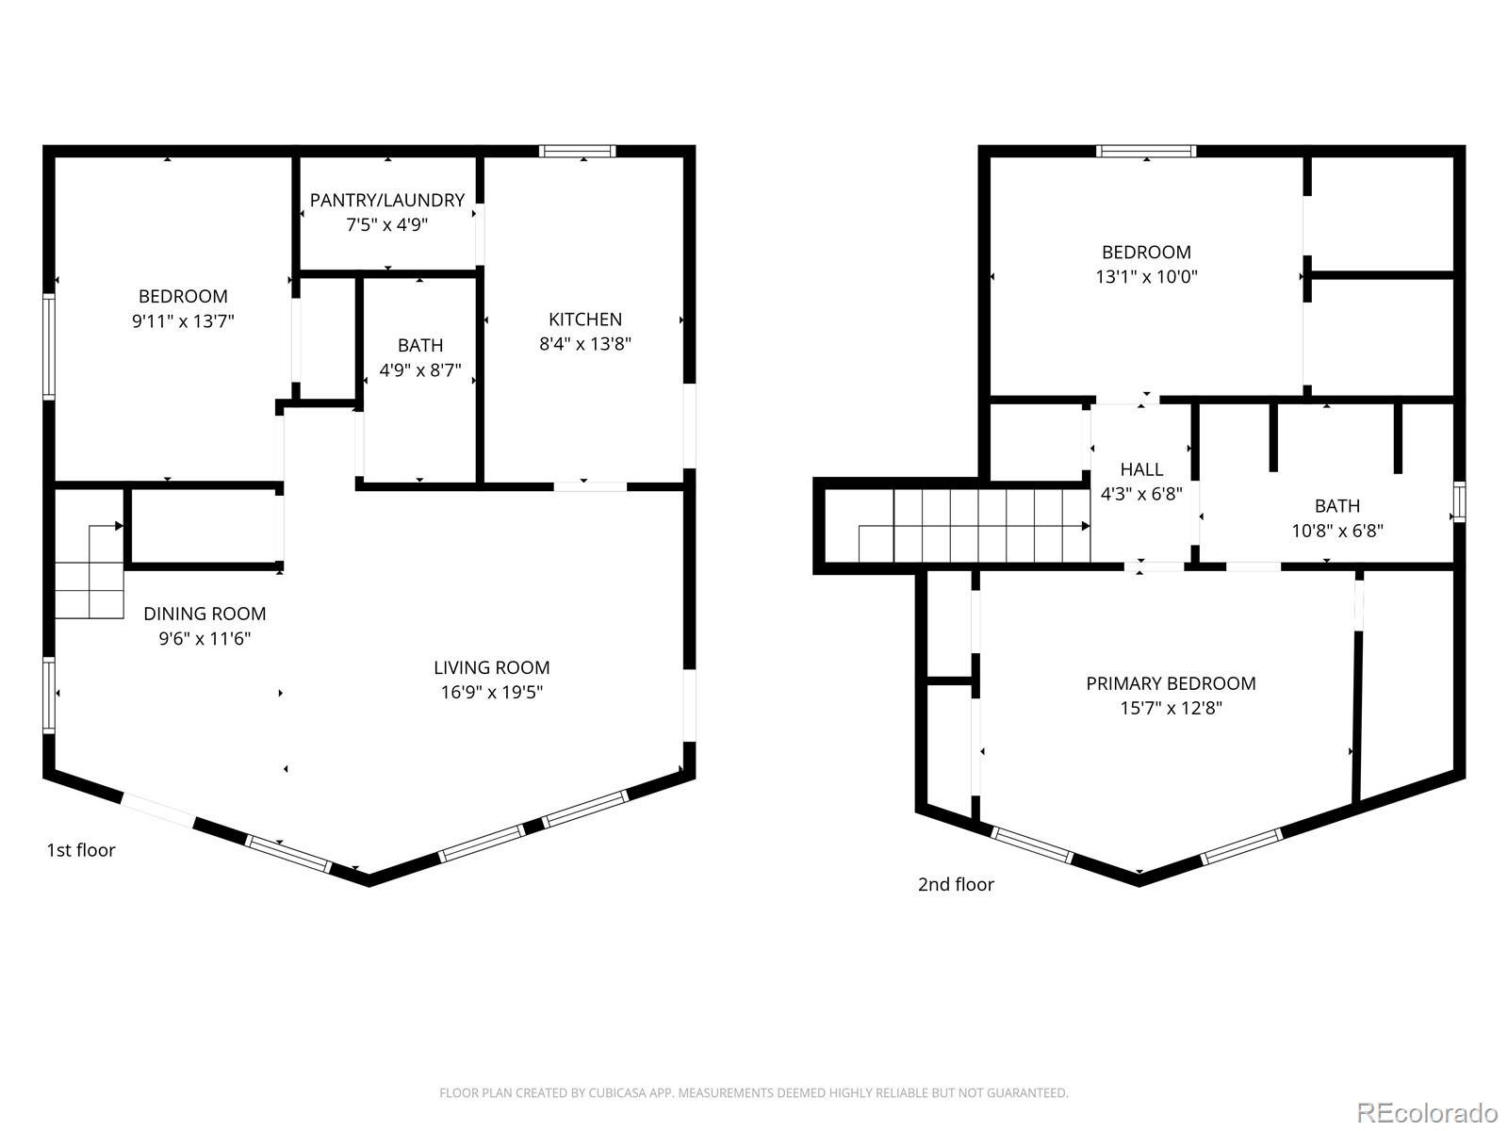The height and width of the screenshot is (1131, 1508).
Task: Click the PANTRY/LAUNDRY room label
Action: pos(386,200)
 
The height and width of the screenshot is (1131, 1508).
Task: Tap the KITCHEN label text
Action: pos(584,320)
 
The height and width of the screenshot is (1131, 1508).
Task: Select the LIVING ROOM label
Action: pos(491,667)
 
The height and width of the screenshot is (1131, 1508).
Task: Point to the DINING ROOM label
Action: pos(205,614)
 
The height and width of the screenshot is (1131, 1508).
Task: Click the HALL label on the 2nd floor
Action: pos(1141,469)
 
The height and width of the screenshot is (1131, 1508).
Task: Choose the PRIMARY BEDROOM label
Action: pos(1171,683)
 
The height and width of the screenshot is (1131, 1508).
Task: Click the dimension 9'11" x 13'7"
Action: pos(183,320)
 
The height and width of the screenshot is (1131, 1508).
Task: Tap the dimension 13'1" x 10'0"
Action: pos(1147,277)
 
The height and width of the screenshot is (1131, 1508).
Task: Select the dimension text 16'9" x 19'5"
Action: pos(491,692)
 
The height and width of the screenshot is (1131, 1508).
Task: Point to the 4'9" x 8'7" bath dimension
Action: pos(420,370)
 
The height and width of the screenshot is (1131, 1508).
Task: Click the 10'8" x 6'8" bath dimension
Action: pos(1336,531)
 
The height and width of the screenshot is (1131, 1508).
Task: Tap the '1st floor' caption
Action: pos(81,850)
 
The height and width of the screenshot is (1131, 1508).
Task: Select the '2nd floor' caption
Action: pos(956,884)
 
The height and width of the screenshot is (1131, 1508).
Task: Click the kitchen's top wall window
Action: pos(577,151)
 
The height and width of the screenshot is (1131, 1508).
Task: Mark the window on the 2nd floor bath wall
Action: pos(1459,502)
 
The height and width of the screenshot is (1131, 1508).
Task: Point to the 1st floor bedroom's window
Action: pos(49,347)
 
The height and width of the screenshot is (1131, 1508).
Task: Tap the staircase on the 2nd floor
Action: pos(974,525)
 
